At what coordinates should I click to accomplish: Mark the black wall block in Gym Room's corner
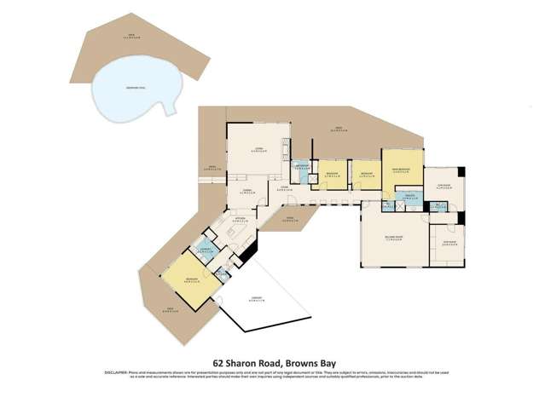pyautogui.click(x=461, y=171)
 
